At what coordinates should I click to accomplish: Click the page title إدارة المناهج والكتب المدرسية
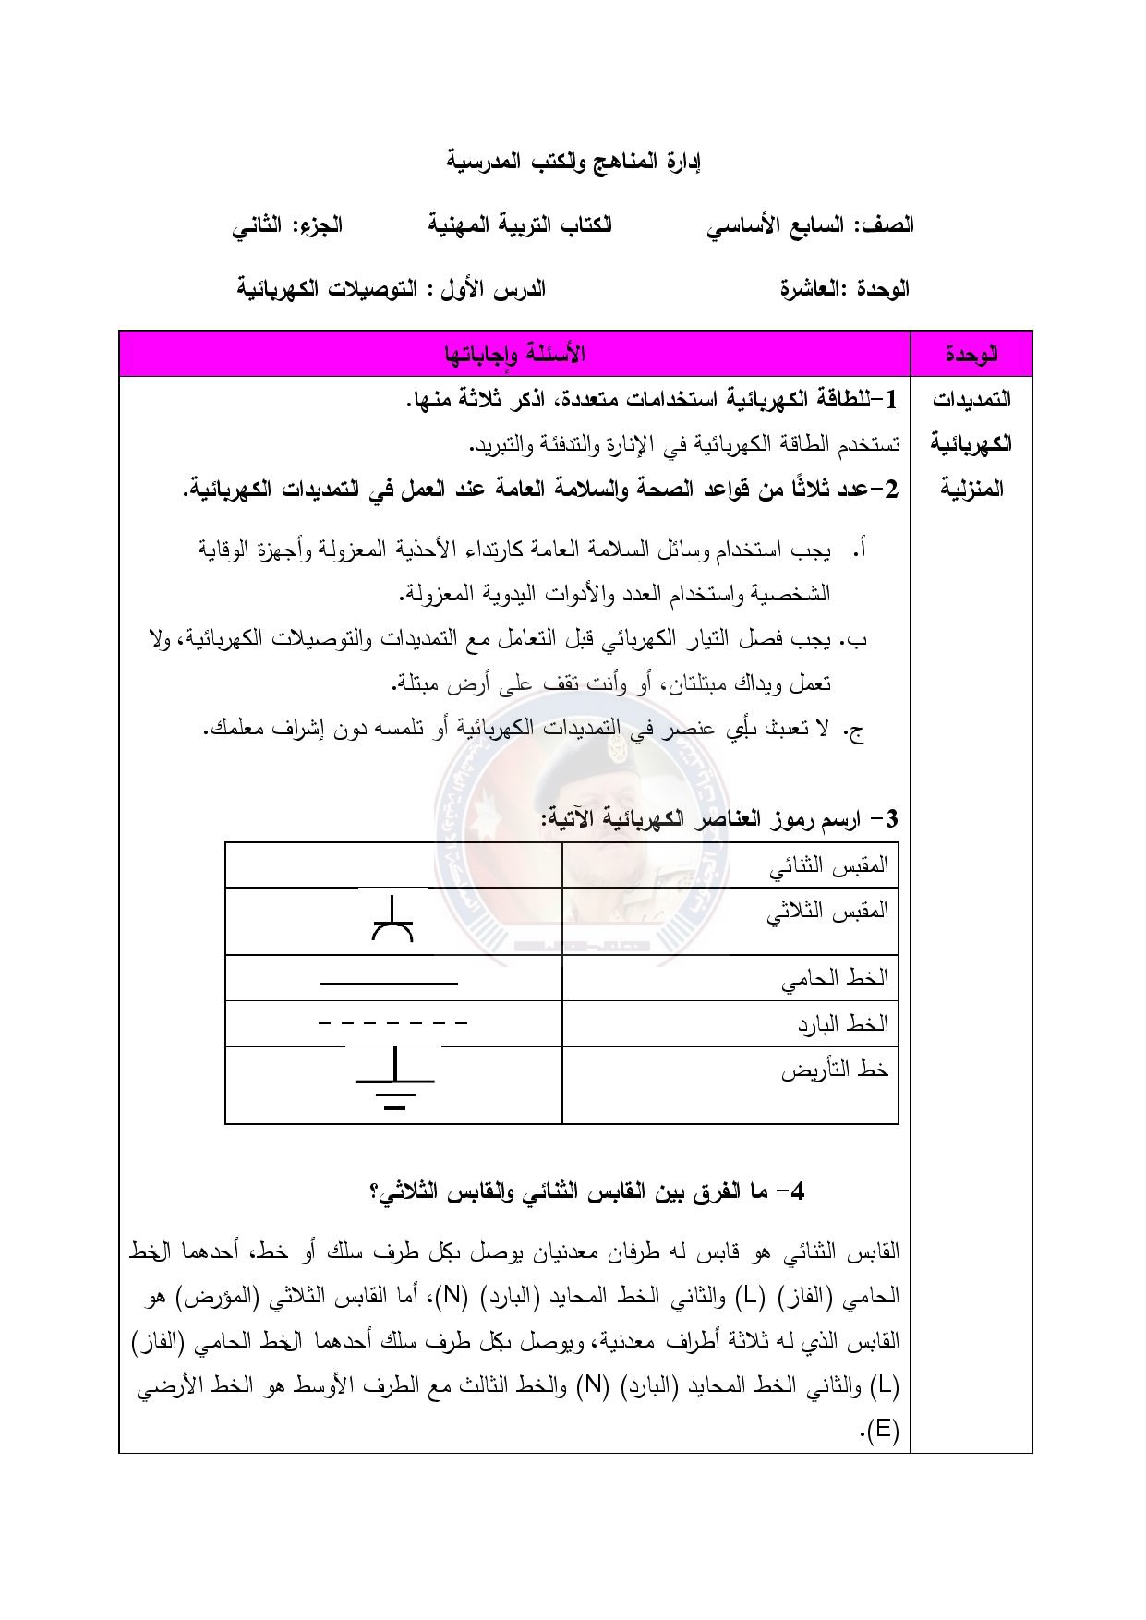[x=574, y=162]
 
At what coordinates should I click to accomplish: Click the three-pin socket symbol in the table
[x=392, y=920]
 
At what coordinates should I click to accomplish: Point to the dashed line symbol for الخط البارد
[x=392, y=1023]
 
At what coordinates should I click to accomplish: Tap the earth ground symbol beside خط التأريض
[x=395, y=1081]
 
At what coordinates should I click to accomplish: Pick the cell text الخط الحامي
[x=834, y=977]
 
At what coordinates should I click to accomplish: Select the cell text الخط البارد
[x=842, y=1023]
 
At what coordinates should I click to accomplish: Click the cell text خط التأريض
[x=835, y=1070]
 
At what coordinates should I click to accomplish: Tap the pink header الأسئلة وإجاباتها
[x=514, y=354]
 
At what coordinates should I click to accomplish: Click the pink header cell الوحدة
[x=971, y=354]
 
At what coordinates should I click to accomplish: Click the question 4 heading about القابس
[x=587, y=1191]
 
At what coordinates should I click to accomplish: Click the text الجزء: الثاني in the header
[x=287, y=225]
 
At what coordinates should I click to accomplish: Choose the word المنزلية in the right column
[x=971, y=489]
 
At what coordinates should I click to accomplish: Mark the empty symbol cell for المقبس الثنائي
[x=393, y=865]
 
